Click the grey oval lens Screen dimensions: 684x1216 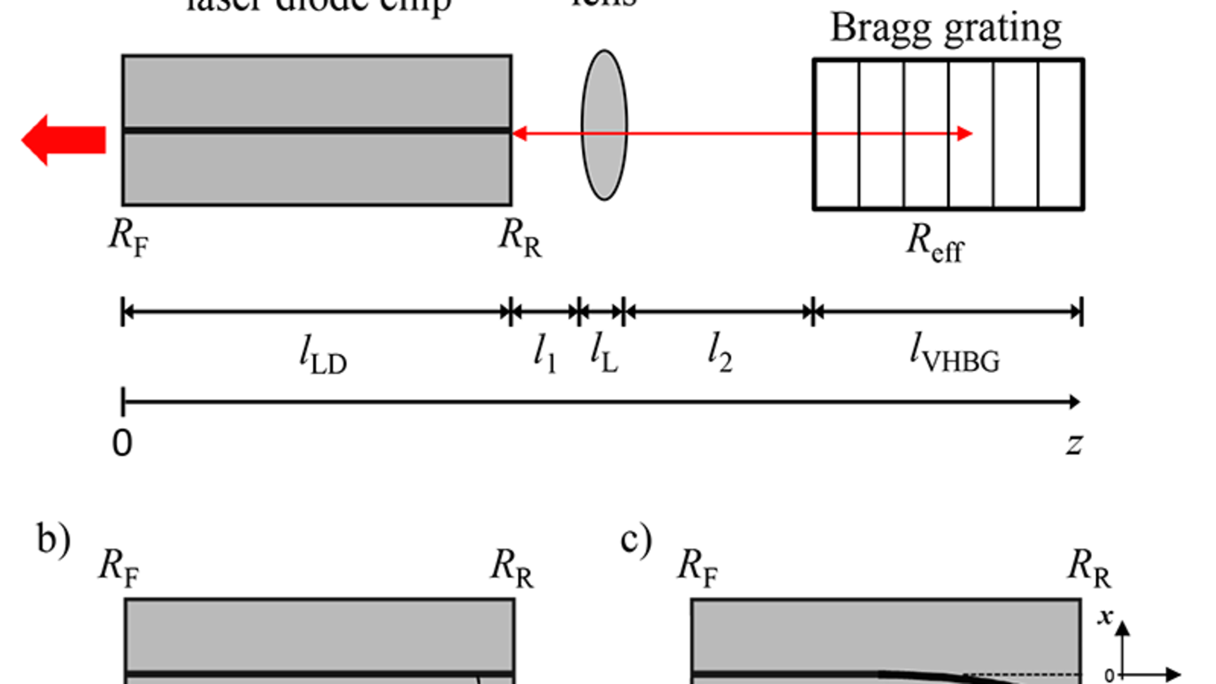[604, 125]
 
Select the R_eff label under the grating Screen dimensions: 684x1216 [935, 243]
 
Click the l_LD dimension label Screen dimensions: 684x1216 [323, 355]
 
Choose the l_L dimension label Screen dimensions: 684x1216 [604, 353]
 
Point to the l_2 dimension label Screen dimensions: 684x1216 [720, 353]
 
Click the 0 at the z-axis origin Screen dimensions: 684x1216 [122, 443]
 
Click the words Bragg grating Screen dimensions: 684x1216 [946, 29]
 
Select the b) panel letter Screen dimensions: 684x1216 [53, 540]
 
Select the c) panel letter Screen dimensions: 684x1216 [636, 540]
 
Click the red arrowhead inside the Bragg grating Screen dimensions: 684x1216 [964, 134]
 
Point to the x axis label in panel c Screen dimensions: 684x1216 [1106, 616]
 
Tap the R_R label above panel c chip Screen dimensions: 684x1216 [1089, 567]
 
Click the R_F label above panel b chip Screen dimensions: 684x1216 [119, 567]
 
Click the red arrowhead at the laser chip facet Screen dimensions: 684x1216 [520, 134]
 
